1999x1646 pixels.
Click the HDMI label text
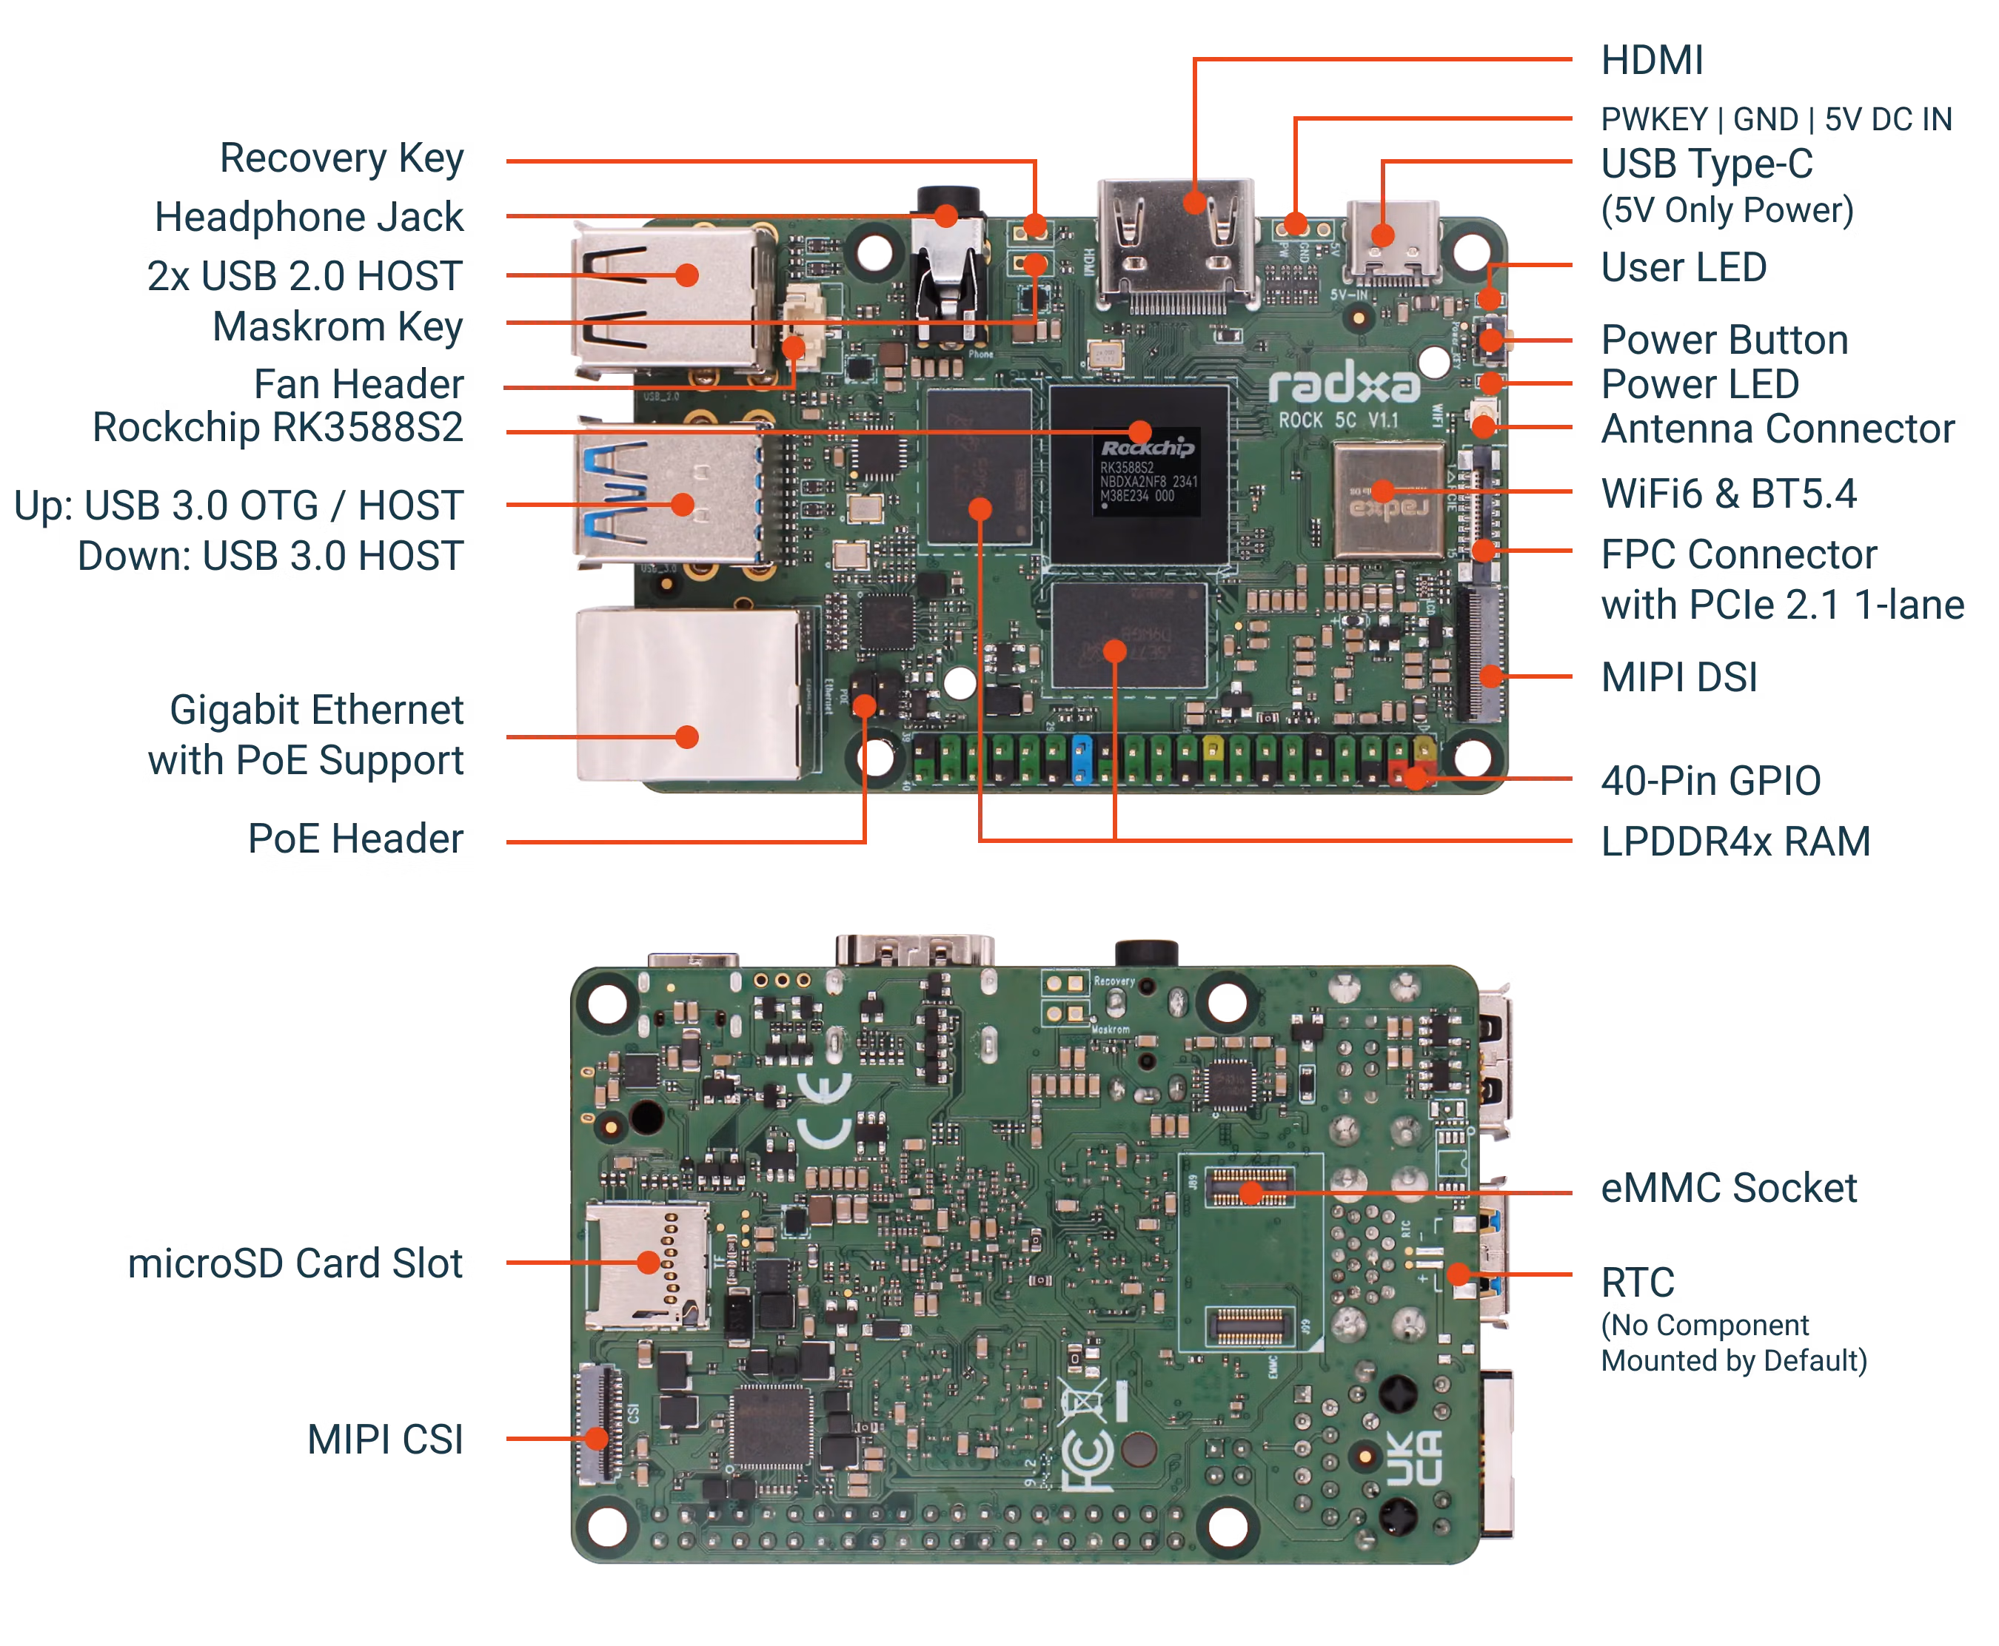[x=1651, y=60]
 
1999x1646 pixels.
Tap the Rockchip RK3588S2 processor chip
[x=1139, y=474]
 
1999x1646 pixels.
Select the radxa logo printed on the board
[x=1345, y=385]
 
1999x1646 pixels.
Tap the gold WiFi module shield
[x=1381, y=500]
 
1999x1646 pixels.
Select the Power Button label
[x=1723, y=340]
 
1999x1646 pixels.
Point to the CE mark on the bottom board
[x=823, y=1113]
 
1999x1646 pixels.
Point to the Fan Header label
[x=359, y=385]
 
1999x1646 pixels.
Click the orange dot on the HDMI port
[x=1195, y=202]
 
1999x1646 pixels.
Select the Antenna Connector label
[x=1777, y=429]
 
